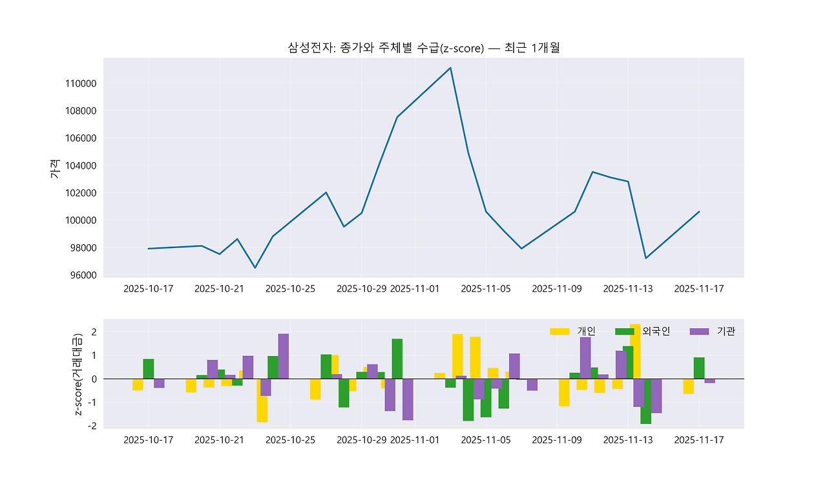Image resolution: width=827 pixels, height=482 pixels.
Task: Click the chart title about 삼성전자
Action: [428, 47]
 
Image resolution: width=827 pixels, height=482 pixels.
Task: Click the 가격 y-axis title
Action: [54, 169]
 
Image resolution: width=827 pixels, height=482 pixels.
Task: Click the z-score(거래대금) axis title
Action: [79, 375]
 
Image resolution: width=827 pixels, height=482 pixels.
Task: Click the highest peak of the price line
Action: [450, 68]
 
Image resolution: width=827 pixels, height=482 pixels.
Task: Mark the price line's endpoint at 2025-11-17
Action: [699, 211]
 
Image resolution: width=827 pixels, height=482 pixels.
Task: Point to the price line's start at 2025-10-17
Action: [149, 249]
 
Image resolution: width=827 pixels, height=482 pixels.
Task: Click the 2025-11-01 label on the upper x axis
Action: [415, 289]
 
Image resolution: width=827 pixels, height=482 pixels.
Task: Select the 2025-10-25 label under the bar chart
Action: [290, 440]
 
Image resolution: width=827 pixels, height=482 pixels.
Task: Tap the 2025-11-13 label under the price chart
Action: [627, 289]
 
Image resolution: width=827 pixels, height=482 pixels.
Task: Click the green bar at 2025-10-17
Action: [149, 368]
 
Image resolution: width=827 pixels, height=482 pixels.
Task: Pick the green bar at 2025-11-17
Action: [699, 368]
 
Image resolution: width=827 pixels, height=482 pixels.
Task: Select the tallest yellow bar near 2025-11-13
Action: [635, 351]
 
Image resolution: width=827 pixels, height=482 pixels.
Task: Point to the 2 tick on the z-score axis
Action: [94, 332]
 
